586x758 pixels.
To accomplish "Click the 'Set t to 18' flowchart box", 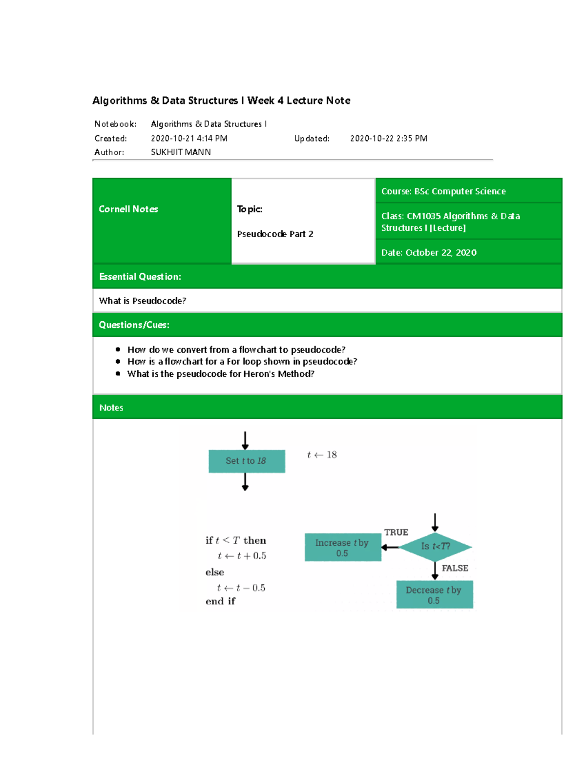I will [247, 461].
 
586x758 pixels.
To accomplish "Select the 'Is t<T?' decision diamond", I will [435, 547].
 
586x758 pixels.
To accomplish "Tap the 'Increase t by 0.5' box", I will [342, 548].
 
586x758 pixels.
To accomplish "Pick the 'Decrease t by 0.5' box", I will [434, 594].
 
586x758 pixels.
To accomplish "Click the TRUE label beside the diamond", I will [396, 533].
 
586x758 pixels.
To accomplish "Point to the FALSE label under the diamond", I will [455, 568].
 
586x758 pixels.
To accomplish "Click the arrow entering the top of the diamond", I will [435, 522].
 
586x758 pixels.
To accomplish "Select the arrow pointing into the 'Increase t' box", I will [390, 547].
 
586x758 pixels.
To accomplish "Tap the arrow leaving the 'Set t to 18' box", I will [245, 482].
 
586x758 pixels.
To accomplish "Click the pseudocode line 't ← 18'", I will [322, 455].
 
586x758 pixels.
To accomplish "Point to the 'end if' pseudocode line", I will [220, 601].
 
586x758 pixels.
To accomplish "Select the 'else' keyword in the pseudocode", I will [215, 572].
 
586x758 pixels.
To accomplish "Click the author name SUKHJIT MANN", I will [181, 152].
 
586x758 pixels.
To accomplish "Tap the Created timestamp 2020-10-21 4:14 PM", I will [189, 139].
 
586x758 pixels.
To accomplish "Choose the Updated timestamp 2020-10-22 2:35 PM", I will [388, 139].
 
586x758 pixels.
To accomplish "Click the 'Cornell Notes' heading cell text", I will [128, 209].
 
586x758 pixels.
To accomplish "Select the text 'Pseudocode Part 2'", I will [275, 234].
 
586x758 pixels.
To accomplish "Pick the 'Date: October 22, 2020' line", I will [429, 252].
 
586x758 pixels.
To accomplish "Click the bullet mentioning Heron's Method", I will [221, 374].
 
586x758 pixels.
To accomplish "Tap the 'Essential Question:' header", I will [140, 277].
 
